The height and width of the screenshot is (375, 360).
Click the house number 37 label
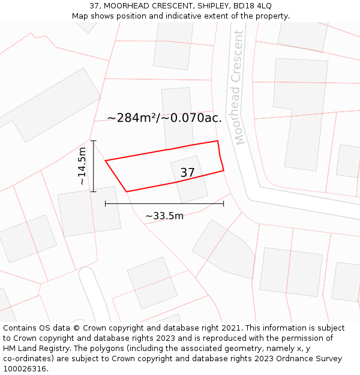[x=187, y=173]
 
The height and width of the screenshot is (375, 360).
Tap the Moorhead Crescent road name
[x=239, y=88]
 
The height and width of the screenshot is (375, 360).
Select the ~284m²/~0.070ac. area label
[x=164, y=118]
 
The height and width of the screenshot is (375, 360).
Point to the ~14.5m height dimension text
[x=82, y=166]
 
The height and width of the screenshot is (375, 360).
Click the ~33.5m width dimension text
[x=164, y=216]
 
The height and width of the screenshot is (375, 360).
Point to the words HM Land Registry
[x=34, y=349]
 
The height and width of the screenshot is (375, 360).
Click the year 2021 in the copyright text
[x=231, y=328]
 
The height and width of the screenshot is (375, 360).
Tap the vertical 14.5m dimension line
[x=94, y=166]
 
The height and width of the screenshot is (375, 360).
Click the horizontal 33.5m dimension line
[x=164, y=204]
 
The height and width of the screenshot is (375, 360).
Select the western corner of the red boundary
[x=106, y=161]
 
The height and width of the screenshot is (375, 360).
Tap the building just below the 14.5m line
[x=89, y=211]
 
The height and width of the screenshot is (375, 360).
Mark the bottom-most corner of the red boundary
[x=127, y=191]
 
